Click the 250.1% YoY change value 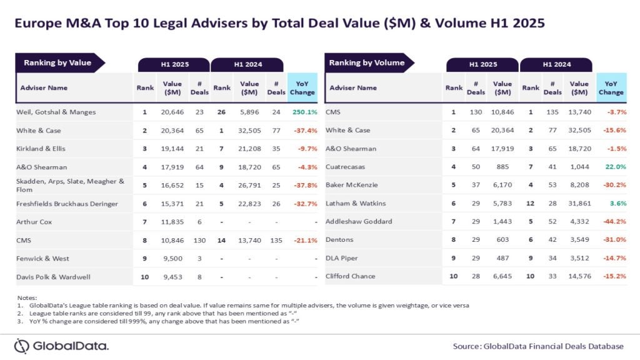tap(303, 112)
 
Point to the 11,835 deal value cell tap(172, 222)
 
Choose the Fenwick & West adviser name tap(42, 258)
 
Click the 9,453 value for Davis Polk tap(172, 276)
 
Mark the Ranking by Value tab tap(57, 62)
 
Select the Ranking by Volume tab tap(367, 62)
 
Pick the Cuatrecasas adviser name tap(349, 167)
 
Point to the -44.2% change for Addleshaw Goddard tap(611, 222)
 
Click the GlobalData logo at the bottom tap(62, 346)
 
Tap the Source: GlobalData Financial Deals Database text tap(538, 346)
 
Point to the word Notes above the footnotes tap(28, 297)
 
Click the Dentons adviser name tap(341, 240)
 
